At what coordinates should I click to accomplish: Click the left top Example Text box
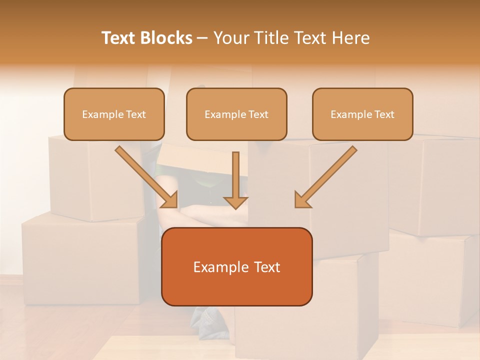pyautogui.click(x=114, y=114)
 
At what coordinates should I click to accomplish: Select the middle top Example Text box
pyautogui.click(x=236, y=114)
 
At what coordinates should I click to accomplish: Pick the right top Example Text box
pyautogui.click(x=362, y=114)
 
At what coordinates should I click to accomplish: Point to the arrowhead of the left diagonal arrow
pyautogui.click(x=170, y=199)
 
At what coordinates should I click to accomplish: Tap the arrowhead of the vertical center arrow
pyautogui.click(x=235, y=202)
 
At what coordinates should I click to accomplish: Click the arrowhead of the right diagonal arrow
pyautogui.click(x=302, y=199)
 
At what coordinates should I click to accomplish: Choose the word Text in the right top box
pyautogui.click(x=384, y=114)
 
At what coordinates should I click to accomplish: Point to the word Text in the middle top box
pyautogui.click(x=258, y=114)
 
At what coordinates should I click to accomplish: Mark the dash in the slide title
pyautogui.click(x=202, y=38)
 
